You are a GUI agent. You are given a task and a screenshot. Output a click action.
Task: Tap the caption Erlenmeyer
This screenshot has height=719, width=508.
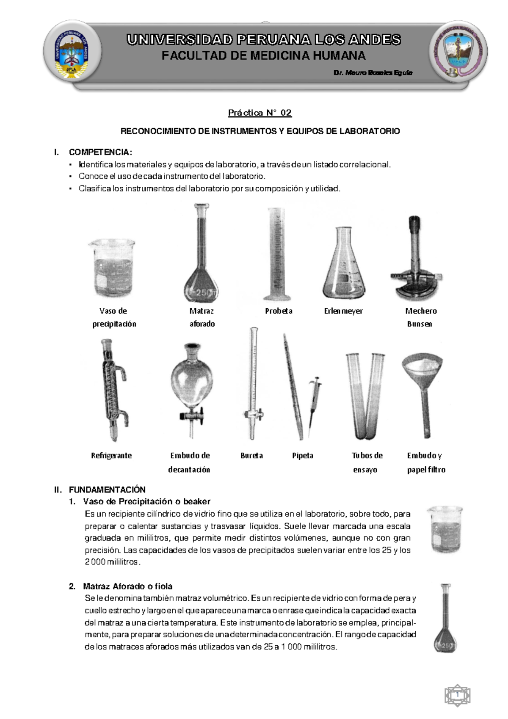343,311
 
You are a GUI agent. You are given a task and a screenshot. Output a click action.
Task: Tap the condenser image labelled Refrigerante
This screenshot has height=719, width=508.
113,390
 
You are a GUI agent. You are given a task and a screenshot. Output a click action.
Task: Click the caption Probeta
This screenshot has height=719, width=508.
279,311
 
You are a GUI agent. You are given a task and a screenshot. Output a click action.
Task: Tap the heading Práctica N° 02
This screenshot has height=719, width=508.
260,113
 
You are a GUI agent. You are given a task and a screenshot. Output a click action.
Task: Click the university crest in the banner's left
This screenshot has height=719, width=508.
72,52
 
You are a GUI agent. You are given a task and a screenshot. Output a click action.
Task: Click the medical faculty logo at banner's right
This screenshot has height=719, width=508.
458,52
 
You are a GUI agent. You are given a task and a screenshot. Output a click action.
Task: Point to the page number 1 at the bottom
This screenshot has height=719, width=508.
458,696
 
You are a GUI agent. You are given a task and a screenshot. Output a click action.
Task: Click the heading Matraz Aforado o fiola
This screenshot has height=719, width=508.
128,586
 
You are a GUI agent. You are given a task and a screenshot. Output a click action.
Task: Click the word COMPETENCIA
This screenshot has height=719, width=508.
100,152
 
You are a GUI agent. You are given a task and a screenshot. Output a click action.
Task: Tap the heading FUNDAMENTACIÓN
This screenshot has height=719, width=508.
107,489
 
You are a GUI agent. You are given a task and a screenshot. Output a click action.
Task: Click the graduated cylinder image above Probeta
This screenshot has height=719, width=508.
277,254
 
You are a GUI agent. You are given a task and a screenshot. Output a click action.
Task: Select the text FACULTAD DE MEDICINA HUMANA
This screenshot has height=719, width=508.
263,55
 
